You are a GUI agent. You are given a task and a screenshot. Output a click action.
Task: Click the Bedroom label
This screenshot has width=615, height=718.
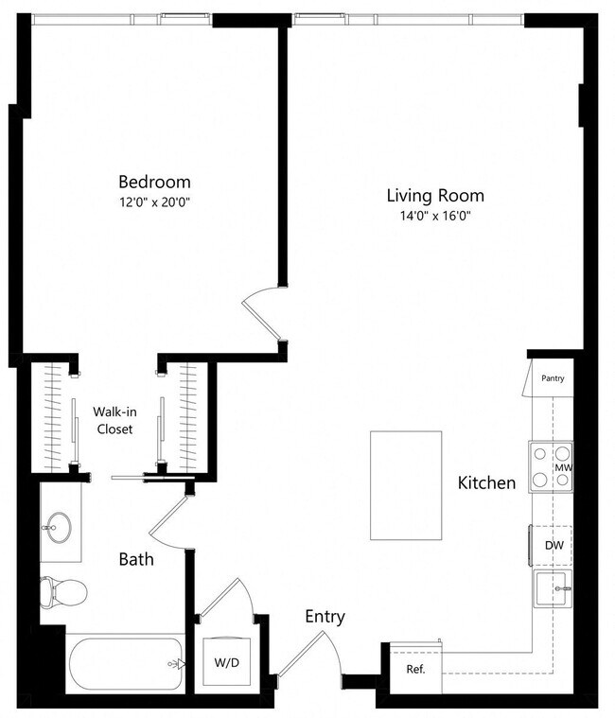point(154,182)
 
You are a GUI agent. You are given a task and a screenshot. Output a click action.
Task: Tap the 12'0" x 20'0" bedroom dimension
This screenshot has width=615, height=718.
point(154,201)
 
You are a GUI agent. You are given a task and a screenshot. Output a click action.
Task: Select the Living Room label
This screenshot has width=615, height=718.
point(435,196)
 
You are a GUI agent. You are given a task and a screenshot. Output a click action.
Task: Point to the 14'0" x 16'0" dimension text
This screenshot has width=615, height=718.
point(435,216)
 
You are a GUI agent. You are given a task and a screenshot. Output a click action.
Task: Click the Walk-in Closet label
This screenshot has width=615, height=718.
point(113,420)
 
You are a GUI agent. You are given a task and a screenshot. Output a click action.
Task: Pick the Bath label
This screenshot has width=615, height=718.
point(136,559)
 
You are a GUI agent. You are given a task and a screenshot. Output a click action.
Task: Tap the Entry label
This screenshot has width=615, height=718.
point(325,617)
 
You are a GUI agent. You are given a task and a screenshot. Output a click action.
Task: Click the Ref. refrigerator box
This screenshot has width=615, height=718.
point(415,670)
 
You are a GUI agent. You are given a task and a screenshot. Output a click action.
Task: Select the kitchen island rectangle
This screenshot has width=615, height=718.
point(406,485)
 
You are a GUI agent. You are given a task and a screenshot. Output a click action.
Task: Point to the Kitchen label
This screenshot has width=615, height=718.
point(486,483)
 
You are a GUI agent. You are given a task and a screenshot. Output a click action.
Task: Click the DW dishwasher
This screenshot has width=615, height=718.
point(553,546)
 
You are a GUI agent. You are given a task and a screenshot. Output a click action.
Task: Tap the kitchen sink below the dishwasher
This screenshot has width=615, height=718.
point(553,590)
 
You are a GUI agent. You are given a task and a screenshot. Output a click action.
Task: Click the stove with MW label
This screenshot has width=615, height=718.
point(552,467)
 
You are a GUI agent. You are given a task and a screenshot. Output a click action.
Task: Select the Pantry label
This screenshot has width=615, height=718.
point(553,378)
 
